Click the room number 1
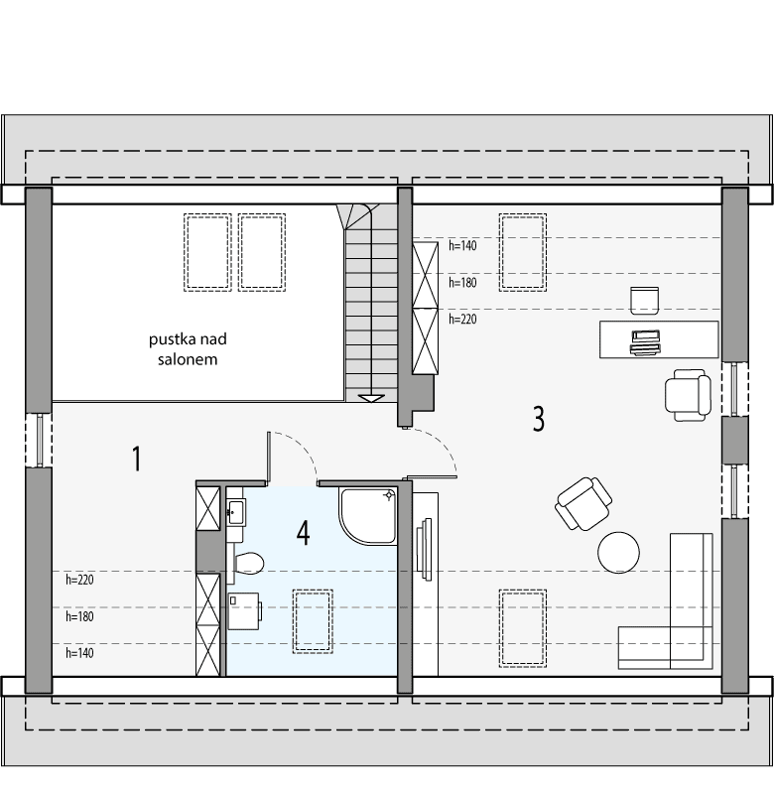136,459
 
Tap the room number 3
538,419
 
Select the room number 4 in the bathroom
303,533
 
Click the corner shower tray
366,516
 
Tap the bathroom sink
235,513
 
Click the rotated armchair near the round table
583,502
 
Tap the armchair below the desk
688,393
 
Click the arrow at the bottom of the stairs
371,397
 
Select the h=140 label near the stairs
463,244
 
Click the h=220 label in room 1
79,579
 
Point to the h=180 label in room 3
463,283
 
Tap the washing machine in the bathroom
244,611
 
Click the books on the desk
644,341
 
